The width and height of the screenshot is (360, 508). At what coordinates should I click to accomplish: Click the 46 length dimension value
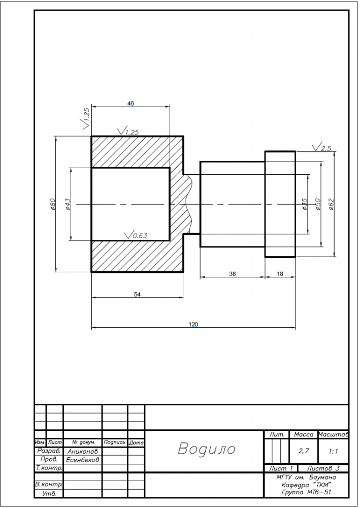coord(130,103)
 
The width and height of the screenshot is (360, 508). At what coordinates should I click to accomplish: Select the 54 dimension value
coord(137,294)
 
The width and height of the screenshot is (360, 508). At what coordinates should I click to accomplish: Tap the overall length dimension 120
coord(193,324)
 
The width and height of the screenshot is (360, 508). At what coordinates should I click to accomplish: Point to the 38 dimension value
coord(233,274)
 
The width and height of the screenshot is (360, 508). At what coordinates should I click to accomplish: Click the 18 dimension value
coord(280,274)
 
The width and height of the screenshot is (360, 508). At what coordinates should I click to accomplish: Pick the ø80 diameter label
coord(53,204)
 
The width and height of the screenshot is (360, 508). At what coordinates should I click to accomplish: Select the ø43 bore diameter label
coord(68,204)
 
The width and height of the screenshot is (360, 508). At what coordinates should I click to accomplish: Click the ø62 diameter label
coord(331,204)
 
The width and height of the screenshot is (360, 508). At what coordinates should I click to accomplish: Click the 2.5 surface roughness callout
coord(321,147)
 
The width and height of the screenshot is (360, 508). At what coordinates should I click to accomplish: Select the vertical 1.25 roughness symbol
coord(86,118)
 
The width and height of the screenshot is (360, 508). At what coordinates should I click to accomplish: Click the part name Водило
coord(207,449)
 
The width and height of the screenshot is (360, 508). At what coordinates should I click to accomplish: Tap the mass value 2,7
coord(303,451)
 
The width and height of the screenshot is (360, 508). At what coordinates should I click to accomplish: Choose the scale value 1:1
coord(333,451)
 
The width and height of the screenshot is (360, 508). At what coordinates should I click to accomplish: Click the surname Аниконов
coord(83,451)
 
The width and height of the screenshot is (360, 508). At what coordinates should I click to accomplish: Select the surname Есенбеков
coord(82,460)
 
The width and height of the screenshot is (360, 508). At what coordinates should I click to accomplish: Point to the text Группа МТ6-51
coord(306,492)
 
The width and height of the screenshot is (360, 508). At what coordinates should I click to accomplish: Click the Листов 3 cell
coord(323,468)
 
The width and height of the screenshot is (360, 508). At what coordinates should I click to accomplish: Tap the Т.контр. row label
coord(49,468)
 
